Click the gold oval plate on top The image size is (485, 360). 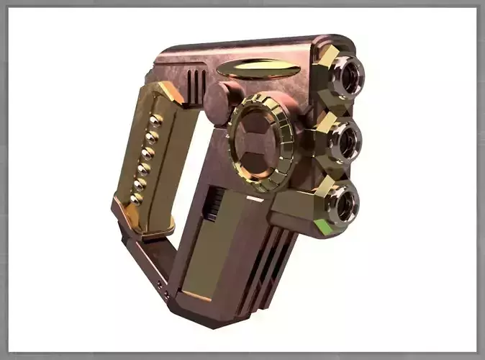(x=258, y=69)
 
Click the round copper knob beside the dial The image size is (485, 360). (x=219, y=103)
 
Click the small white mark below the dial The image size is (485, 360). (x=254, y=198)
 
